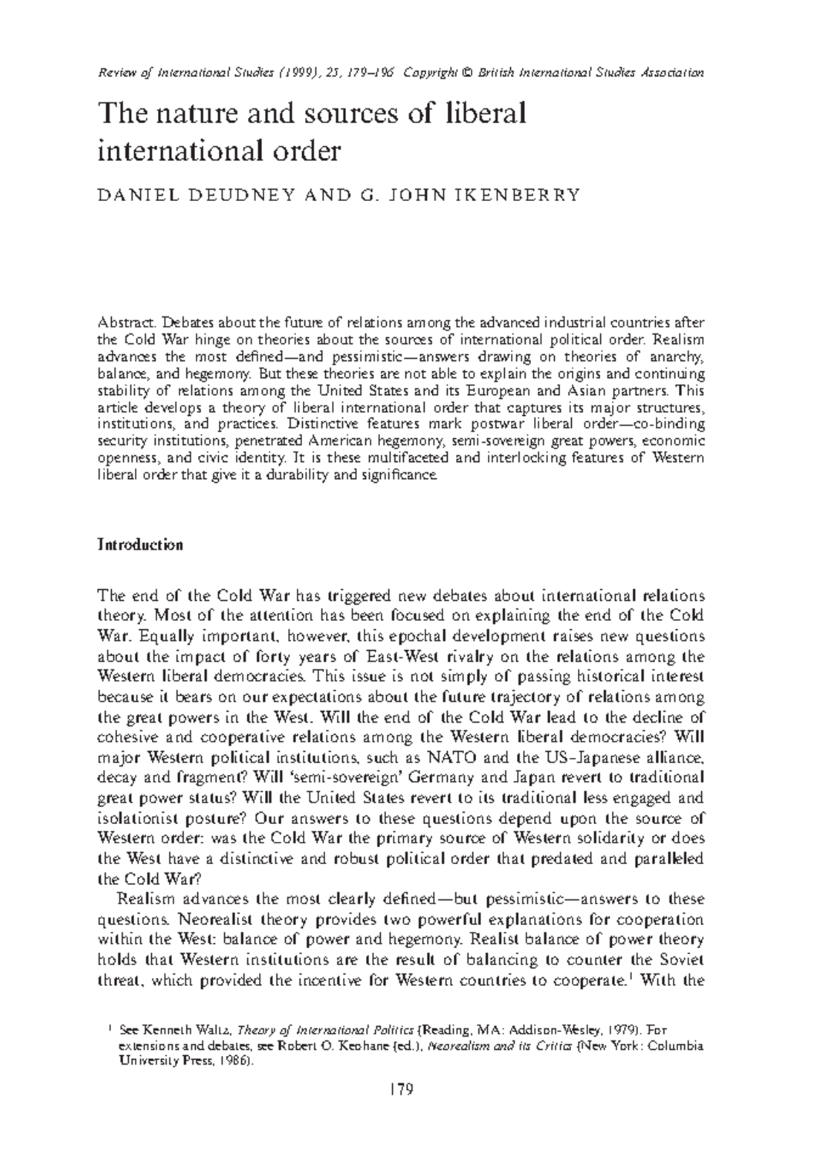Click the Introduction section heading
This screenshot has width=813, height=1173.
140,545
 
